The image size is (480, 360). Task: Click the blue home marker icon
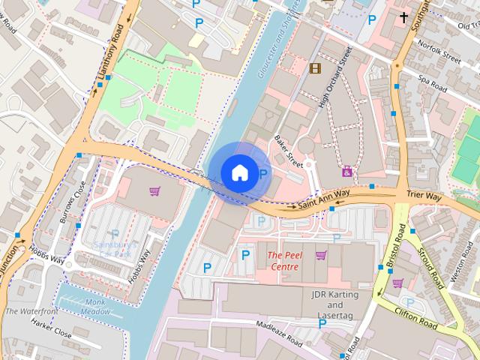point(238,172)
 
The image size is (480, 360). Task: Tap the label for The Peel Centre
point(286,261)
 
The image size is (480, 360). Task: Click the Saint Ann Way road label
point(324,198)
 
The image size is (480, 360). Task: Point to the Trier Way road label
point(424,196)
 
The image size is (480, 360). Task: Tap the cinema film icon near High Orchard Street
point(315,68)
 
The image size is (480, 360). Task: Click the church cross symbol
point(404,16)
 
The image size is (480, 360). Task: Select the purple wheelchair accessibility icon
point(347,171)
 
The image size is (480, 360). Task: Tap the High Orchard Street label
point(334,77)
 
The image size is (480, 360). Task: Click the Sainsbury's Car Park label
point(115,249)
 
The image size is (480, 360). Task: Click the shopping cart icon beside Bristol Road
point(397,283)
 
